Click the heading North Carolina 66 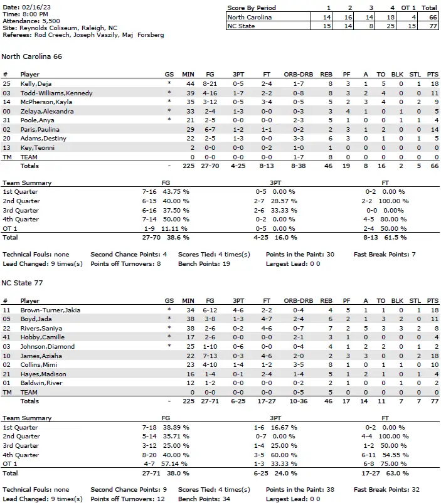coord(31,56)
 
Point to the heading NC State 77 coord(23,283)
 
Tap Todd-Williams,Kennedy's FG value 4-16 coord(210,93)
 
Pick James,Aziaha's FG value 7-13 coord(210,356)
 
